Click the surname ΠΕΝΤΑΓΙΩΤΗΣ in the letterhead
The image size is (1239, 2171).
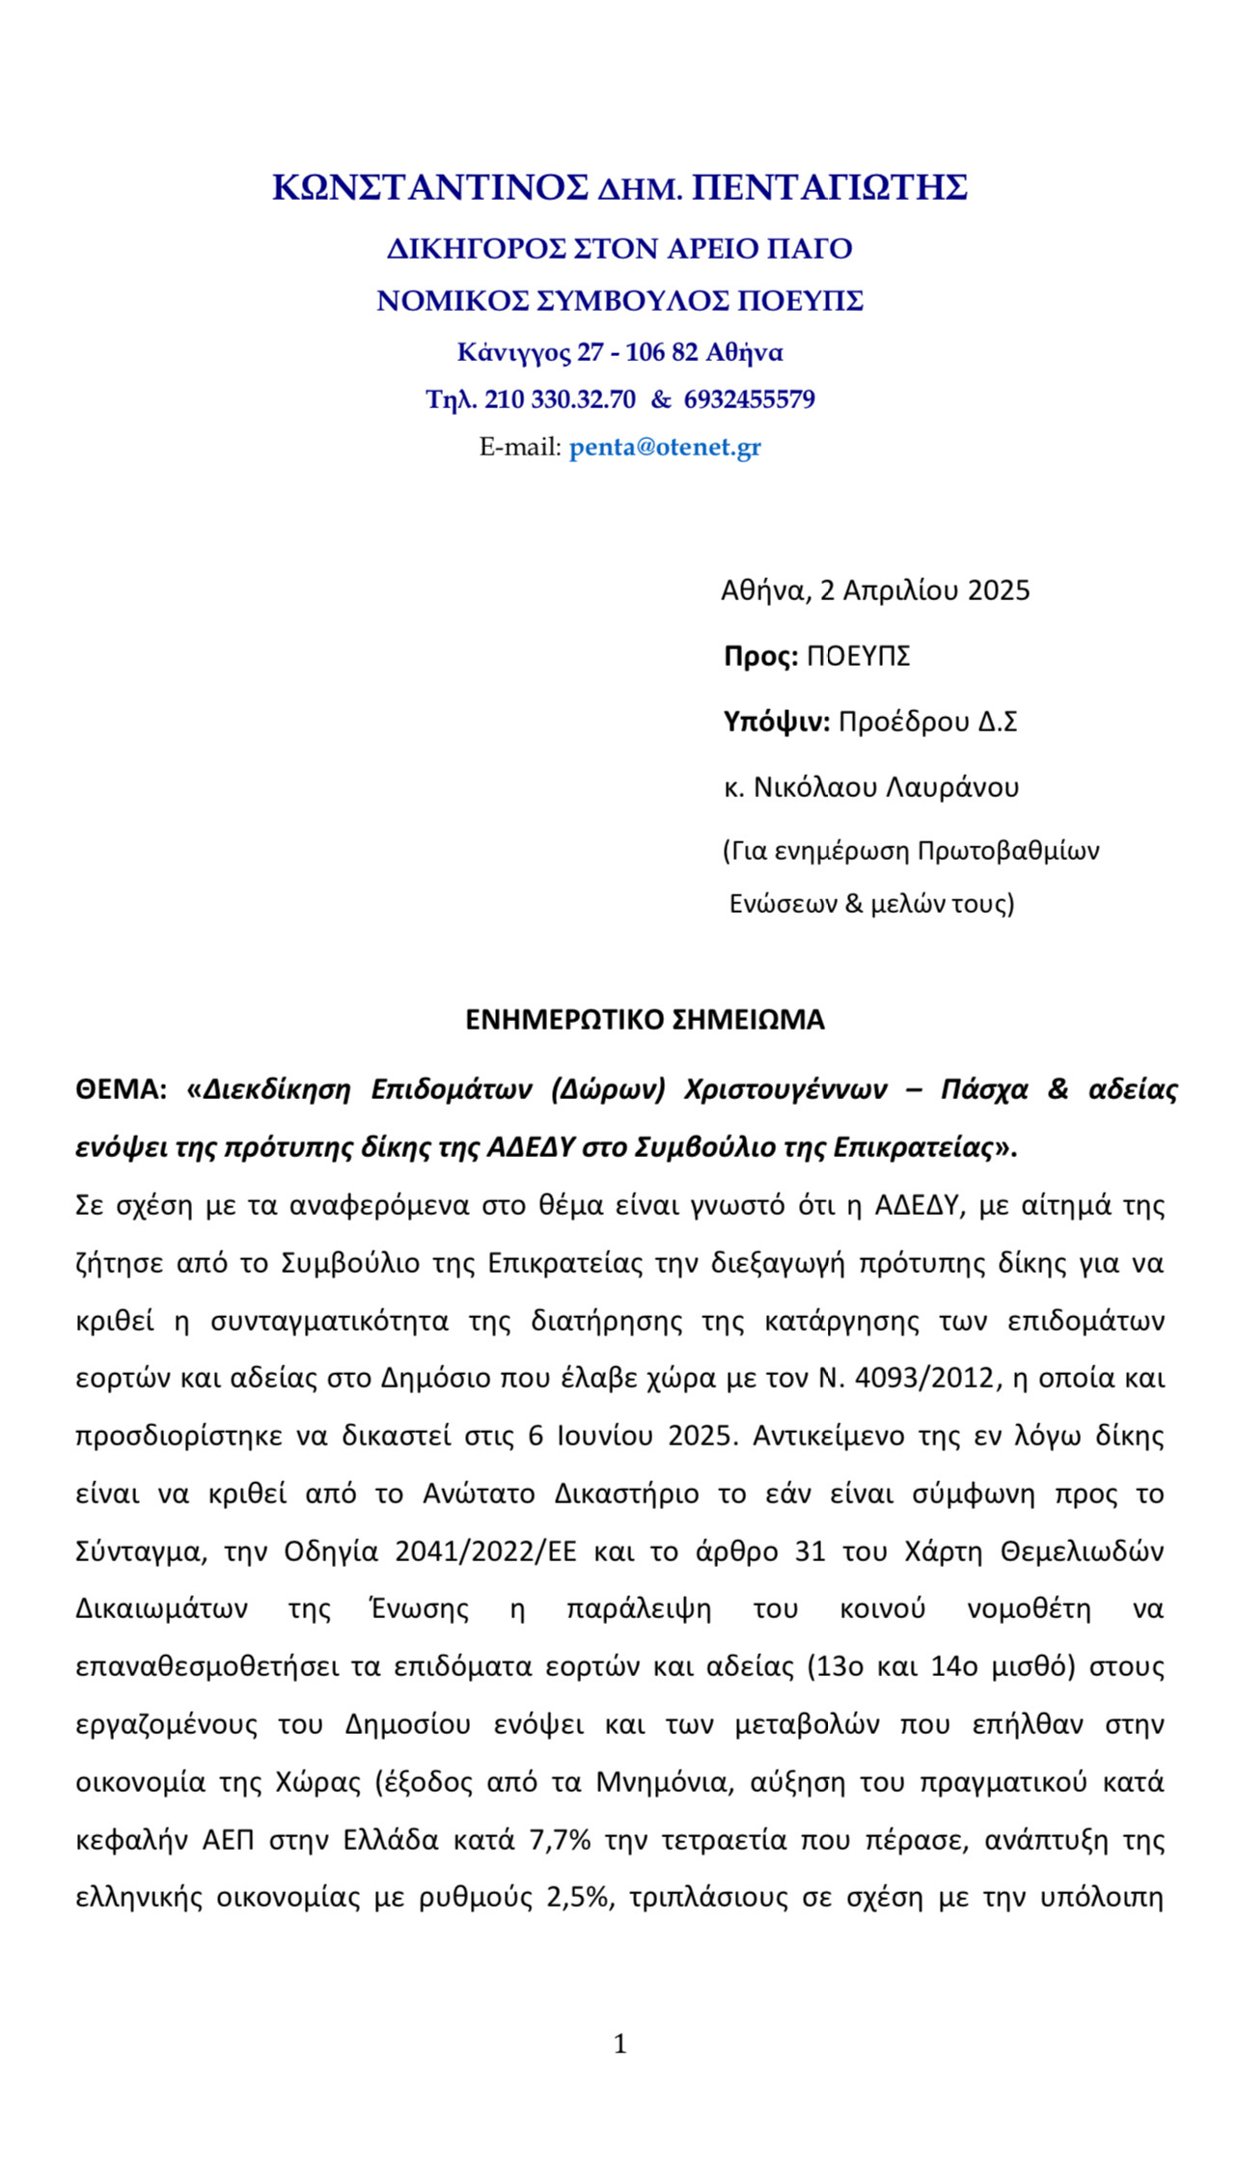click(x=830, y=187)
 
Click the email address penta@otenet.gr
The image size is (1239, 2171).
click(x=665, y=448)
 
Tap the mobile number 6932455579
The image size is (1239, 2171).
click(x=749, y=399)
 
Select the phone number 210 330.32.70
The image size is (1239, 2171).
click(x=560, y=399)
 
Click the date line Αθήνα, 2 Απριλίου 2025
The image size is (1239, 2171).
click(x=875, y=590)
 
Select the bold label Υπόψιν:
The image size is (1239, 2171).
click(x=776, y=722)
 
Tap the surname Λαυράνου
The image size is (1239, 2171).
click(x=951, y=788)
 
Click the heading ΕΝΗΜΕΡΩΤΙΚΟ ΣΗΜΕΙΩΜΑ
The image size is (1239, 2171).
click(x=645, y=1021)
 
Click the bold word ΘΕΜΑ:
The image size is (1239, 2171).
click(x=122, y=1089)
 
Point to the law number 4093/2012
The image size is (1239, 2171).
click(x=923, y=1378)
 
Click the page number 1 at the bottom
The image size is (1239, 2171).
click(x=619, y=2044)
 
